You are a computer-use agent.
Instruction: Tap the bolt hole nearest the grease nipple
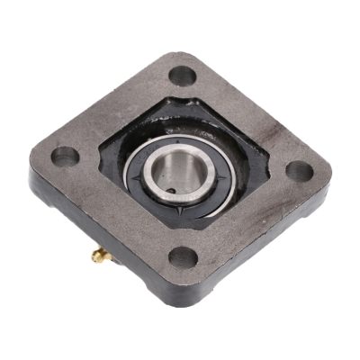(x=183, y=257)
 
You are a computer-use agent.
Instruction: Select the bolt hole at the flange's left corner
(x=65, y=156)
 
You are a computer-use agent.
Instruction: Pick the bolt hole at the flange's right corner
(x=299, y=171)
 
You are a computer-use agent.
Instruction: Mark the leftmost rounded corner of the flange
(x=34, y=162)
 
